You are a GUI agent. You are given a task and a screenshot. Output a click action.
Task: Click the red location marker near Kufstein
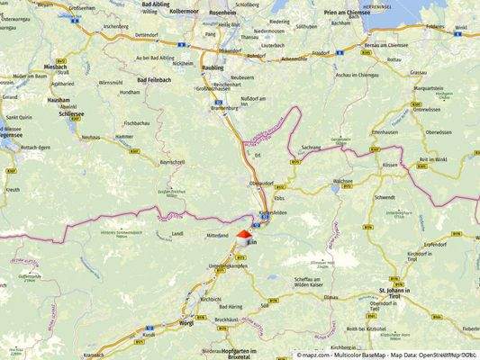click(243, 233)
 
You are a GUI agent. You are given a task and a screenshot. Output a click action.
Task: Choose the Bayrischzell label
click(171, 162)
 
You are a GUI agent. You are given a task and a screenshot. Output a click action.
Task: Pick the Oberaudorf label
click(263, 183)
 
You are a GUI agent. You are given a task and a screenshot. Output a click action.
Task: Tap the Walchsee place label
click(342, 181)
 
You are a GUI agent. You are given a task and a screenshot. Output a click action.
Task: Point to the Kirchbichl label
click(211, 299)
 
